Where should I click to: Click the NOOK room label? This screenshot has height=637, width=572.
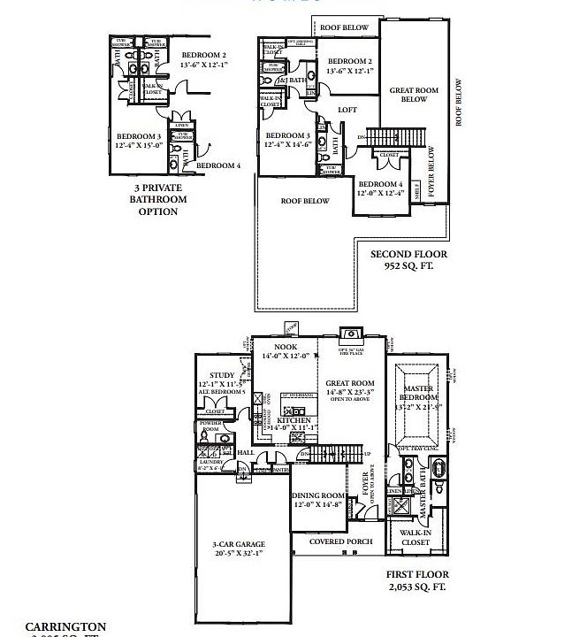pos(285,348)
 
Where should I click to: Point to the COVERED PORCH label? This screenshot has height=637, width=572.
pos(339,541)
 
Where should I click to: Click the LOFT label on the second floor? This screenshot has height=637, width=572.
pos(348,110)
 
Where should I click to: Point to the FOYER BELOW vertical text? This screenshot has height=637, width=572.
pos(432,173)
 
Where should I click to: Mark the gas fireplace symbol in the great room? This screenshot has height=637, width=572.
pos(350,334)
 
